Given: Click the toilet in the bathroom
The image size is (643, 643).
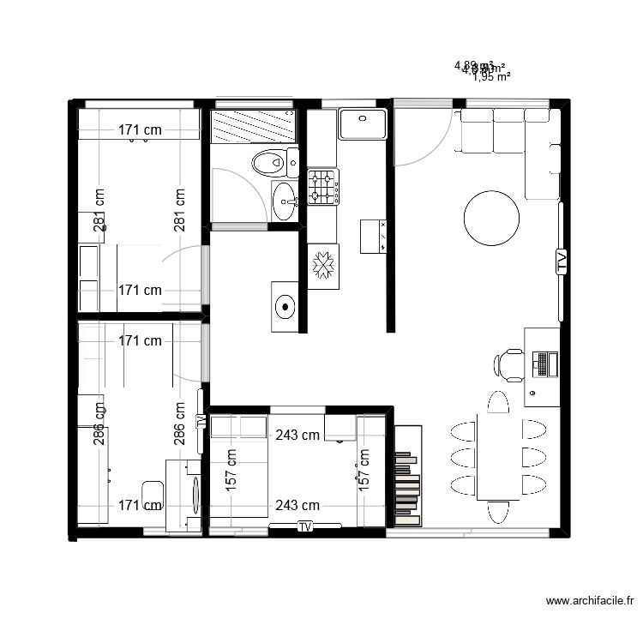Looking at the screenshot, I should pyautogui.click(x=272, y=160).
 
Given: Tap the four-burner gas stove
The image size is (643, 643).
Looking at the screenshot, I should pyautogui.click(x=323, y=187).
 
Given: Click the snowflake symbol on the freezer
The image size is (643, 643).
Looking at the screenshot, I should pyautogui.click(x=323, y=266).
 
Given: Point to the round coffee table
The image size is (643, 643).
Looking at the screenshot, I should pyautogui.click(x=491, y=218).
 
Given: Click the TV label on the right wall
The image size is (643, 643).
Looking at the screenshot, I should pyautogui.click(x=562, y=261).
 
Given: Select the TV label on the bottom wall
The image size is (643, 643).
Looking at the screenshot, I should pyautogui.click(x=304, y=527).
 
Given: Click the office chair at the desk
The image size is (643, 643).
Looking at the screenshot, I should pyautogui.click(x=508, y=364).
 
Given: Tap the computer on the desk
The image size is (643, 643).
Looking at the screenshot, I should pyautogui.click(x=542, y=363).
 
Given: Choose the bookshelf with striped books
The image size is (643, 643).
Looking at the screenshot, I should pyautogui.click(x=407, y=476).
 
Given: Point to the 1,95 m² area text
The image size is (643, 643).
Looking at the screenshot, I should pyautogui.click(x=491, y=76).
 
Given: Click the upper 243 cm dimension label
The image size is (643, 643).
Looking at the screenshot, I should pyautogui.click(x=297, y=435).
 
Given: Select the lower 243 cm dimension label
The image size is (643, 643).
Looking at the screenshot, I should pyautogui.click(x=297, y=506).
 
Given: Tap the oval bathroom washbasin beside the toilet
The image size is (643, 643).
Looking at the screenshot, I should pyautogui.click(x=284, y=201).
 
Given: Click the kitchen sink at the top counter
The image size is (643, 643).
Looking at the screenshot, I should pyautogui.click(x=363, y=123).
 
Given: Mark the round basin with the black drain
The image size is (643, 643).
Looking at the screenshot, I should pyautogui.click(x=285, y=305).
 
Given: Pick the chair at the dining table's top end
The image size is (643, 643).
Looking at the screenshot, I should pyautogui.click(x=497, y=401).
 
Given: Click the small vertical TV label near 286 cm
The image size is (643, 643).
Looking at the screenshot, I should pyautogui.click(x=201, y=420).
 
